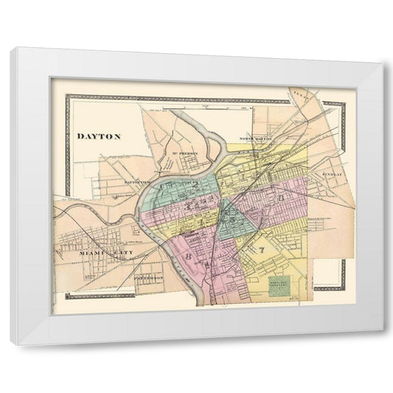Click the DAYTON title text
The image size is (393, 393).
[x=99, y=136]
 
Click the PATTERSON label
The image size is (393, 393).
[x=153, y=278]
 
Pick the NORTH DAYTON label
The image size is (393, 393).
[x=255, y=139]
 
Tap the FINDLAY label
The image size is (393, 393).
[x=333, y=175]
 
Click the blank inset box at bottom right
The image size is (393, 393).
[x=330, y=274]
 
